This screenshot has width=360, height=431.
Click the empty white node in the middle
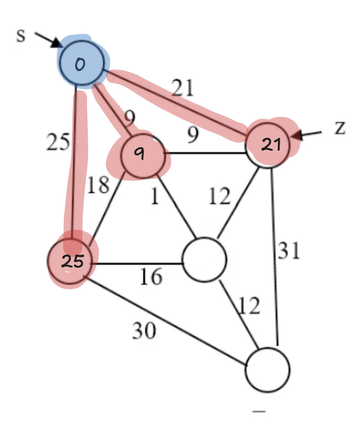click(x=205, y=259)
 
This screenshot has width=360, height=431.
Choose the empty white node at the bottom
click(x=268, y=369)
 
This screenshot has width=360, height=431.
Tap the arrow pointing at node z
click(x=307, y=134)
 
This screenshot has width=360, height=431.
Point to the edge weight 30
click(x=144, y=331)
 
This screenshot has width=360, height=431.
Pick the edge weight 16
click(x=151, y=277)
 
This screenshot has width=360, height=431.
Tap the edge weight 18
click(x=98, y=185)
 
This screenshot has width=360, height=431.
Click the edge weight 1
click(x=155, y=197)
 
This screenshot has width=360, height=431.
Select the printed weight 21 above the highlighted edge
click(x=183, y=88)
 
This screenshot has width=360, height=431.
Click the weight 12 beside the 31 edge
click(x=249, y=307)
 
